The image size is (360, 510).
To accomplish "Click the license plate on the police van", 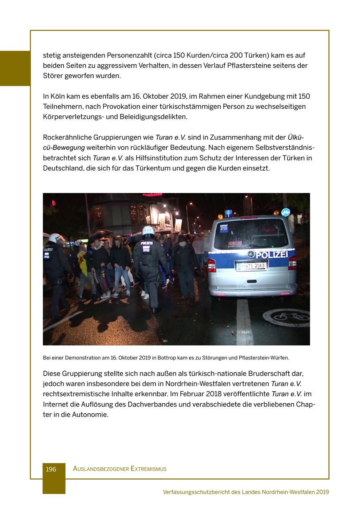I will [x=252, y=266].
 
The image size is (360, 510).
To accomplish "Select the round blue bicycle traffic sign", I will [x=286, y=213].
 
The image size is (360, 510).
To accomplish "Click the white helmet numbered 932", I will [x=148, y=231].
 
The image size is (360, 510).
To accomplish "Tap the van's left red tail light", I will [x=212, y=265].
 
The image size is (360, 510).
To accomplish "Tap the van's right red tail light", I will [x=292, y=263].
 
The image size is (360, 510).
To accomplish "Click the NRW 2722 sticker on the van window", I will [x=224, y=227].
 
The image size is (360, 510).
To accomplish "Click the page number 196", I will [x=51, y=469].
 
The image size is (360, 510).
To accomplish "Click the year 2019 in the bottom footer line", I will [x=322, y=492].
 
